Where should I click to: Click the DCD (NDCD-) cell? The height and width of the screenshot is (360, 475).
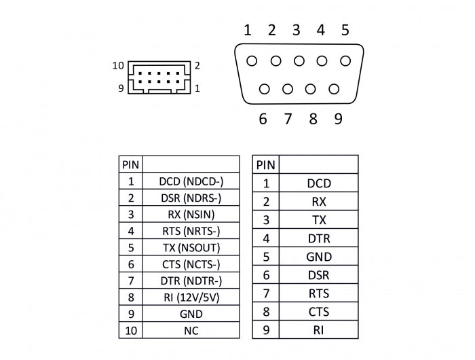pyautogui.click(x=191, y=181)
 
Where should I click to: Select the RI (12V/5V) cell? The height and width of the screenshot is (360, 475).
pyautogui.click(x=191, y=298)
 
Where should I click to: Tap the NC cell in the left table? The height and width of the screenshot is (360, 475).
pyautogui.click(x=191, y=331)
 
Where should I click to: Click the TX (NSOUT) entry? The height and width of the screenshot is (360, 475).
pyautogui.click(x=191, y=248)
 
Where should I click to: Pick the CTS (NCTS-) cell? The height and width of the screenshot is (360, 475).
pyautogui.click(x=191, y=264)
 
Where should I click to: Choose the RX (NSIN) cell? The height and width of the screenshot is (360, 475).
pyautogui.click(x=191, y=215)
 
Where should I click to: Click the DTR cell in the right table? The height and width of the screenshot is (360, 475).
pyautogui.click(x=318, y=238)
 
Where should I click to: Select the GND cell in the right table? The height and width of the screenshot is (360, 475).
pyautogui.click(x=318, y=257)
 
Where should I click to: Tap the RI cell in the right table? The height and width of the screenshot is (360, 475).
pyautogui.click(x=318, y=330)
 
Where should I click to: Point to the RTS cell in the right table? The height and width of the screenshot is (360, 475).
pyautogui.click(x=318, y=293)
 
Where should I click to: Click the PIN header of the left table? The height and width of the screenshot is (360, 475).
pyautogui.click(x=130, y=164)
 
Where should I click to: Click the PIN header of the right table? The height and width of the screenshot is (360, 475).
pyautogui.click(x=265, y=164)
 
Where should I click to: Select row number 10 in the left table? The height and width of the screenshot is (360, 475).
pyautogui.click(x=130, y=331)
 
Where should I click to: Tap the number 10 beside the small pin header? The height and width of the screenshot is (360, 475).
pyautogui.click(x=118, y=66)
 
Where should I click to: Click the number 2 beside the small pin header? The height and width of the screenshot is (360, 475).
pyautogui.click(x=197, y=66)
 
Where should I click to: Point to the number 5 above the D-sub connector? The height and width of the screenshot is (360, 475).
pyautogui.click(x=345, y=30)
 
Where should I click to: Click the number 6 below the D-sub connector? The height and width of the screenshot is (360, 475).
pyautogui.click(x=263, y=120)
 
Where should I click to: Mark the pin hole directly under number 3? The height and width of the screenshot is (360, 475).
pyautogui.click(x=299, y=61)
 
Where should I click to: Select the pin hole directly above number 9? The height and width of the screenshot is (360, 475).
pyautogui.click(x=334, y=88)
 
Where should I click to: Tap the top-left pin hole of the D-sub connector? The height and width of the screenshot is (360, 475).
pyautogui.click(x=252, y=61)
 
